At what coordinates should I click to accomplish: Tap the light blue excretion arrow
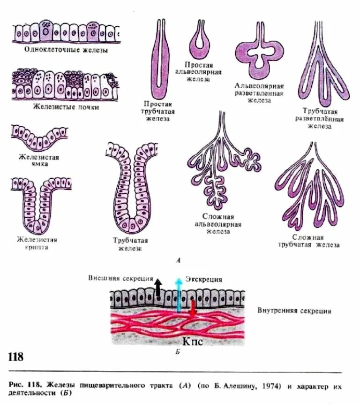tap(178, 293)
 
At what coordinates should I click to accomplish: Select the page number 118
tap(15, 357)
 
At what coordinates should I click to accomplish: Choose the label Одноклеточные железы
tap(62, 50)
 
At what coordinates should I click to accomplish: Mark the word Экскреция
tap(204, 279)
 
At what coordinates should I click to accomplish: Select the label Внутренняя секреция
tap(294, 311)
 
